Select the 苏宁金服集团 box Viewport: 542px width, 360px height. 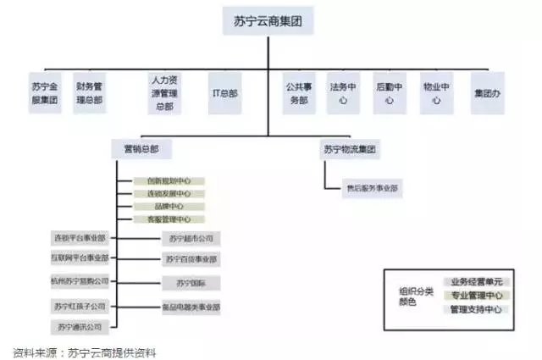pos(44,92)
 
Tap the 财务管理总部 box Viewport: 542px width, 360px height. pos(89,92)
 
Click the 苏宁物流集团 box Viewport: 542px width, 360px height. pos(349,150)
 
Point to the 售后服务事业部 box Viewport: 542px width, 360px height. pos(372,188)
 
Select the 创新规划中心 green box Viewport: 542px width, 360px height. pos(169,181)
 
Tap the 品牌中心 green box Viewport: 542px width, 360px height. pos(169,206)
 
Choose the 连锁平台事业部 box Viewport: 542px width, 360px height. pos(80,237)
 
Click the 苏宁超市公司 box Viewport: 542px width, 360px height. pos(191,238)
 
